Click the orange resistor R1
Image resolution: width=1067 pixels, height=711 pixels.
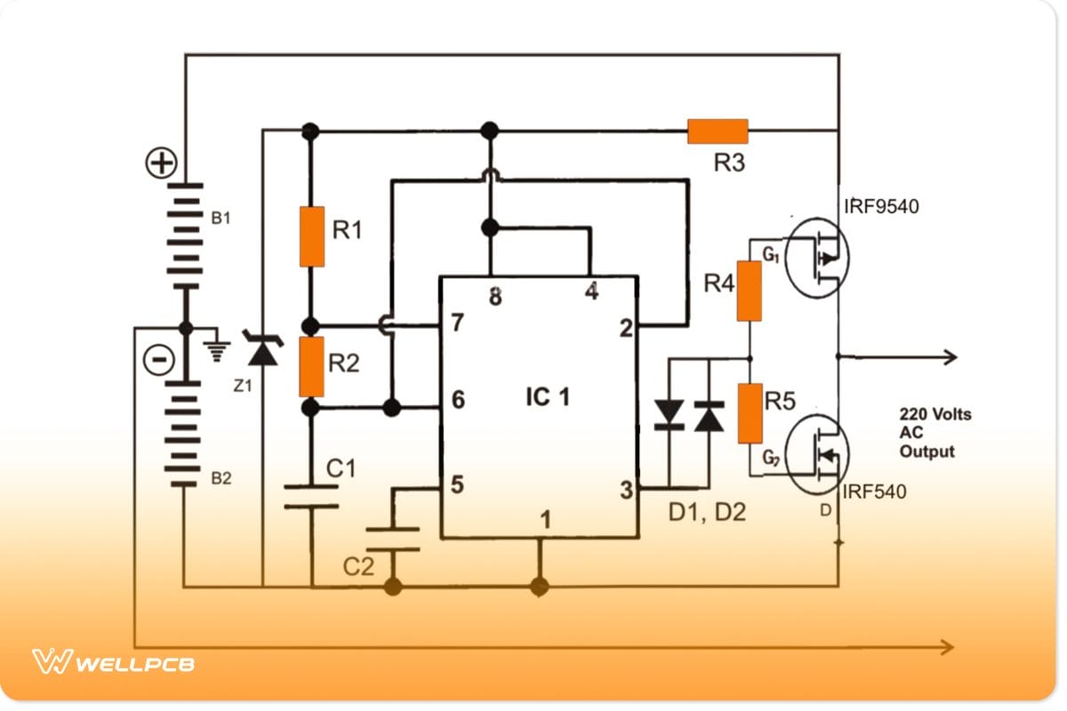click(311, 236)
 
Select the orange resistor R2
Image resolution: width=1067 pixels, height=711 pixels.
click(311, 366)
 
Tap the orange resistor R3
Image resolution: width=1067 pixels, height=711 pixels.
click(718, 132)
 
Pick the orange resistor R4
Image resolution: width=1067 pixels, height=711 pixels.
click(750, 290)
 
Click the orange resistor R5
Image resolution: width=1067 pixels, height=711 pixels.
click(750, 413)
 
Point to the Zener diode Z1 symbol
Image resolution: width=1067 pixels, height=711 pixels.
click(261, 352)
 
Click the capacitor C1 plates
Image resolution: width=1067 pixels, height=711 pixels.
click(311, 497)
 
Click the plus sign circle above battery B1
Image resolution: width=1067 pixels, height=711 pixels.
click(162, 164)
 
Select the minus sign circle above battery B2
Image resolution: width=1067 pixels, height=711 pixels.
click(159, 360)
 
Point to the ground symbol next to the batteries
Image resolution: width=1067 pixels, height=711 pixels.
click(216, 349)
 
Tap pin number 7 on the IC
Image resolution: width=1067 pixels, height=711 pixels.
click(457, 324)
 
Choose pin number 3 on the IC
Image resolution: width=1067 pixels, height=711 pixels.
click(626, 490)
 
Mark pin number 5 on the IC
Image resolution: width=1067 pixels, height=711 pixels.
click(457, 485)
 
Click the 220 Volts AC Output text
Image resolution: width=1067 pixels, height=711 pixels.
click(935, 433)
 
